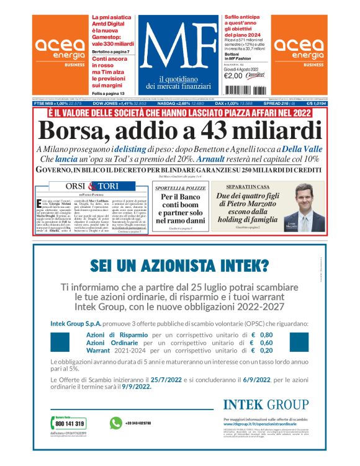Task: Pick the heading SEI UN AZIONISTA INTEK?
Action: [x=179, y=266]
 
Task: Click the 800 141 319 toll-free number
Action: [x=70, y=424]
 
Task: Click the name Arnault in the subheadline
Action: [x=223, y=159]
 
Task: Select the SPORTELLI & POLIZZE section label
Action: [x=178, y=187]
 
